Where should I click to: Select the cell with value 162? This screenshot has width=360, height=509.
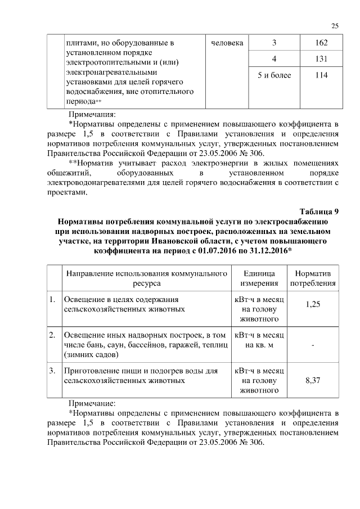pyautogui.click(x=322, y=43)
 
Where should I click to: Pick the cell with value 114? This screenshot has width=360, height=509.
pyautogui.click(x=322, y=75)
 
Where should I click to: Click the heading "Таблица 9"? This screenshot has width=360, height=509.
pyautogui.click(x=319, y=212)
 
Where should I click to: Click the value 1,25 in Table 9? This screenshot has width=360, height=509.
pyautogui.click(x=313, y=304)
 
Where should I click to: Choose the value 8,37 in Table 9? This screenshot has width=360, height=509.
pyautogui.click(x=313, y=381)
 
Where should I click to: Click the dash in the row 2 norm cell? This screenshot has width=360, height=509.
pyautogui.click(x=313, y=345)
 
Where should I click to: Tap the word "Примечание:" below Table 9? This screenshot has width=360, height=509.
pyautogui.click(x=91, y=403)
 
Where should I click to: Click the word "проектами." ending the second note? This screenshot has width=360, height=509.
pyautogui.click(x=67, y=192)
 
